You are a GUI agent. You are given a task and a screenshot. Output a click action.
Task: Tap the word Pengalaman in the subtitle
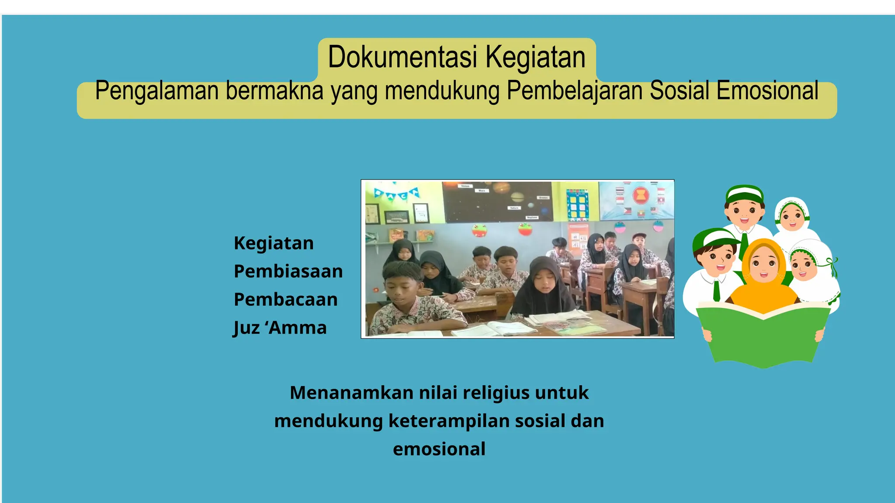pyautogui.click(x=156, y=91)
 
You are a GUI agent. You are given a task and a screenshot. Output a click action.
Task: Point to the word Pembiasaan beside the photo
pyautogui.click(x=288, y=271)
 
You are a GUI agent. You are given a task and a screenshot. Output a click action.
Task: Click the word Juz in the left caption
pyautogui.click(x=246, y=328)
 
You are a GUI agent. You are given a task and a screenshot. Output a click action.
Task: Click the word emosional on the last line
pyautogui.click(x=439, y=449)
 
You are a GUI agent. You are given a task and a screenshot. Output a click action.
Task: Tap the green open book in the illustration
pyautogui.click(x=763, y=336)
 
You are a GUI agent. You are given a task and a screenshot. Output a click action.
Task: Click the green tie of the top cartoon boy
pyautogui.click(x=744, y=245)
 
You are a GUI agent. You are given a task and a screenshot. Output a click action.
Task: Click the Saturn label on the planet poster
pyautogui.click(x=514, y=208)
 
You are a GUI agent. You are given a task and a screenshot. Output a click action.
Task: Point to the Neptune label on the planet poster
pyautogui.click(x=532, y=217)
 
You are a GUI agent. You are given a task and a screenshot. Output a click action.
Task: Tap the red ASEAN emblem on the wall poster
pyautogui.click(x=640, y=196)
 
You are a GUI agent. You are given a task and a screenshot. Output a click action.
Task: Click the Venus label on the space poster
pyautogui.click(x=465, y=186)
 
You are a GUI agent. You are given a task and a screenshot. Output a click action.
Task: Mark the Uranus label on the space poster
pyautogui.click(x=543, y=198)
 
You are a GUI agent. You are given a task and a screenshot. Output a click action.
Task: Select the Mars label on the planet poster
pyautogui.click(x=482, y=191)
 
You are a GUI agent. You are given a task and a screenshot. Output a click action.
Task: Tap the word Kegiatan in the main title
pyautogui.click(x=535, y=57)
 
